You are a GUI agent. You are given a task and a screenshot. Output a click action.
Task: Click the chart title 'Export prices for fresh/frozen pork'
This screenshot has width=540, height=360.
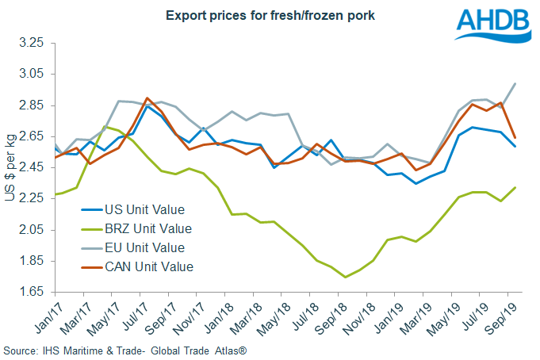259,15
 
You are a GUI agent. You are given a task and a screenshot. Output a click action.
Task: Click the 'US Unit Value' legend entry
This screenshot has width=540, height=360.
144,210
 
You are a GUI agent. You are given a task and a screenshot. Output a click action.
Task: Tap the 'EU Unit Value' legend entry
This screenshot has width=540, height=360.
145,248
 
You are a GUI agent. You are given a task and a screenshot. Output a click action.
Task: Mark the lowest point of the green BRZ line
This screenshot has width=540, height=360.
344,277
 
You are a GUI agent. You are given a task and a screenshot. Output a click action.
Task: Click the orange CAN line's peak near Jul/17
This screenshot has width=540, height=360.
147,98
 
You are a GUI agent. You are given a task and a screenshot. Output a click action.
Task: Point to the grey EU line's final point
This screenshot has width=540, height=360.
515,83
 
